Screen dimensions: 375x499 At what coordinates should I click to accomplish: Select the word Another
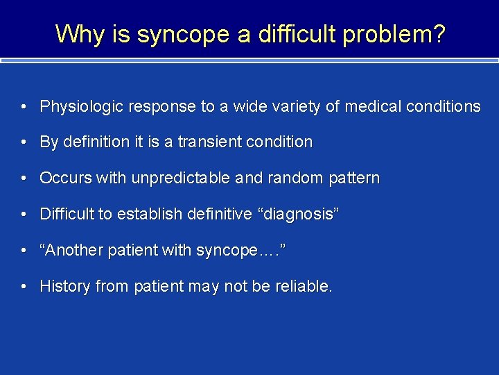(x=70, y=251)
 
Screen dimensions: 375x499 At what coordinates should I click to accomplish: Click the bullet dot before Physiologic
(x=24, y=107)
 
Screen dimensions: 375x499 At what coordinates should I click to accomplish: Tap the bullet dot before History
(x=24, y=287)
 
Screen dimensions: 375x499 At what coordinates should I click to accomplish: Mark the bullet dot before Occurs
(x=24, y=178)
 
